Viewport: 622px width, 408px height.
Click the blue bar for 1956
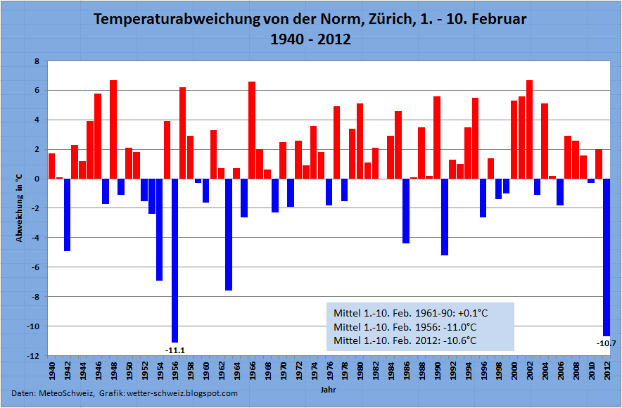tap(174, 260)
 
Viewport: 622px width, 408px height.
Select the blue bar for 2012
tap(606, 257)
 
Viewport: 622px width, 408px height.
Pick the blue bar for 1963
tap(229, 234)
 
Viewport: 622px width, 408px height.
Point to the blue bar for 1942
tap(67, 215)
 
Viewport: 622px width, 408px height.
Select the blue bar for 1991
tap(444, 217)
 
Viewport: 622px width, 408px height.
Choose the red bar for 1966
tap(252, 129)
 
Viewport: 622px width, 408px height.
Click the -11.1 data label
tap(174, 350)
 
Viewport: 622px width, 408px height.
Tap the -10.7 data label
tap(606, 343)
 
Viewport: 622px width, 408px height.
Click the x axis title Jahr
tap(328, 388)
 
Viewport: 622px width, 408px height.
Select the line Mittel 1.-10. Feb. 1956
tap(405, 327)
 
